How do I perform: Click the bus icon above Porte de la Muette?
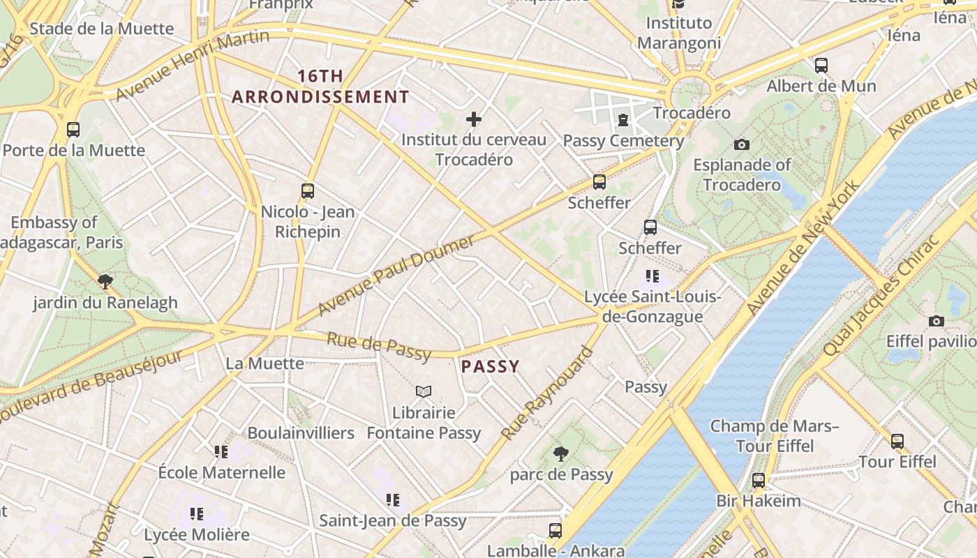73,129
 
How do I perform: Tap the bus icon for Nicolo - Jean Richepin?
308,190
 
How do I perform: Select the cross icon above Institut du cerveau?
474,119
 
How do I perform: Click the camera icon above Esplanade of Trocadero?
742,144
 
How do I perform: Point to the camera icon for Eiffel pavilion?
937,321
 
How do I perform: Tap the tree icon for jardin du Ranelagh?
105,282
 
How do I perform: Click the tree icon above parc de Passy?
560,454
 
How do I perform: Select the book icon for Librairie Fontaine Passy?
424,392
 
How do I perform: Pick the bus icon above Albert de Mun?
821,66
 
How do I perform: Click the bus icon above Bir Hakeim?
759,480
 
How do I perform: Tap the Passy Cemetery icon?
622,120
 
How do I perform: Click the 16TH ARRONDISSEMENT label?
320,86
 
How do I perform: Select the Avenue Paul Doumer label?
396,276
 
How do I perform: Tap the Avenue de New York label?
803,247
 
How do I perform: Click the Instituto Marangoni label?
679,33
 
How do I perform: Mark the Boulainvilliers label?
301,433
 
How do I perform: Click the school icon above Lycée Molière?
197,514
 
